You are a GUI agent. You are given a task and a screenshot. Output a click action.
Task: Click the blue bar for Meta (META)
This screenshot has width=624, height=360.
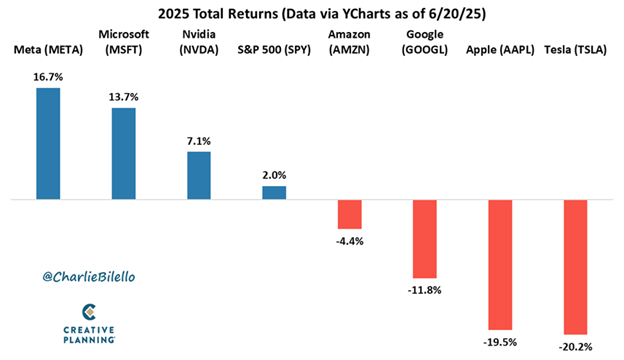(48, 144)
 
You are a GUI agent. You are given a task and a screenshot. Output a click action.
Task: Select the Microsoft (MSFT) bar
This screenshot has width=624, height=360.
(123, 154)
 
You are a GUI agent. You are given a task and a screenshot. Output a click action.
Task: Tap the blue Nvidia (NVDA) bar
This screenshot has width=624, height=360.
(199, 175)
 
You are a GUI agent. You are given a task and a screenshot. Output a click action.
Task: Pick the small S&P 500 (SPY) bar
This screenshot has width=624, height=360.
(274, 192)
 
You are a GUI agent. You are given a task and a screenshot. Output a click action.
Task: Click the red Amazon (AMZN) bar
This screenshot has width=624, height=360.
(349, 214)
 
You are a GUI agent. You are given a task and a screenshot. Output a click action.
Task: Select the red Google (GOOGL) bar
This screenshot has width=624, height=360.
(424, 239)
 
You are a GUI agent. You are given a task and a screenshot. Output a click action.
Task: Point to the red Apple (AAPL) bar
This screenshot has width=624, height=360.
(499, 265)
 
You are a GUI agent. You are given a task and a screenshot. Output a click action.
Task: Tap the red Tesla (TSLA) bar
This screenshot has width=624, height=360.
(575, 267)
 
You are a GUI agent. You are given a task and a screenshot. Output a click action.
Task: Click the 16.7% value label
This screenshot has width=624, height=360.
(48, 76)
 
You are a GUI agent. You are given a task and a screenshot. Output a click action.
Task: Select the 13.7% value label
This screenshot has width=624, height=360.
(123, 96)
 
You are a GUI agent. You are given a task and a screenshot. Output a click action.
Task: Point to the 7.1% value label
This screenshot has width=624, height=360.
(199, 140)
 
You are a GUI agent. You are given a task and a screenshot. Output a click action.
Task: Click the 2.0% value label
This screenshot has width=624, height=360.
(274, 174)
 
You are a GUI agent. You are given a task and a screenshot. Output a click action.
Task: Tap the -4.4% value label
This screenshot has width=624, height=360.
(349, 240)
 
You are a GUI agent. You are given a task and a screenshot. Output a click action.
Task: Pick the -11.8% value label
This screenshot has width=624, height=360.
(424, 290)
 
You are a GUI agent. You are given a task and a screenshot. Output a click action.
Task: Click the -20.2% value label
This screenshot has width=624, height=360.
(575, 346)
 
